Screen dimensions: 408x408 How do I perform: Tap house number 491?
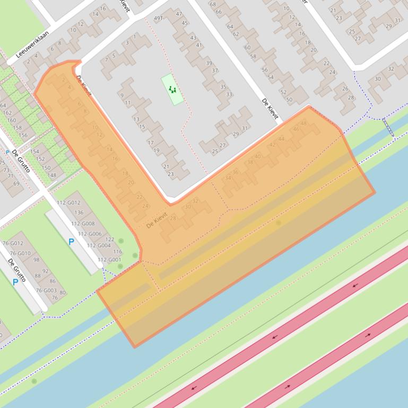tap(158, 19)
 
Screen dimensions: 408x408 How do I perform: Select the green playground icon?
tap(172, 89)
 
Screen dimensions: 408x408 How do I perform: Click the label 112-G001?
tap(108, 260)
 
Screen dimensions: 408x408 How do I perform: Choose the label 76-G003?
tap(47, 290)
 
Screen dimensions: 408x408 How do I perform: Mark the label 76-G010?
tap(20, 253)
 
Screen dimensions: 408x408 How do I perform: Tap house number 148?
tap(51, 175)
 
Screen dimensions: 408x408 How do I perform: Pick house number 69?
tap(16, 184)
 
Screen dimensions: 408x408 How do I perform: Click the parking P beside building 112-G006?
tap(71, 242)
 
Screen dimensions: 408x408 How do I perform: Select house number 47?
tap(179, 14)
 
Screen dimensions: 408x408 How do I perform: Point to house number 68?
tap(213, 4)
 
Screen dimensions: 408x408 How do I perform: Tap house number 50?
tap(289, 99)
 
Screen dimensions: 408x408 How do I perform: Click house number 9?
tap(121, 95)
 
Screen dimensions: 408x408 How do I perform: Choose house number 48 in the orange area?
tap(303, 123)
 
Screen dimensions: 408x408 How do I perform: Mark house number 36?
tap(235, 172)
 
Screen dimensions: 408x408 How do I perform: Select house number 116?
tap(117, 252)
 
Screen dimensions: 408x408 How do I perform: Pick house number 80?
tap(63, 292)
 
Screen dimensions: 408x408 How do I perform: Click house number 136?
tap(79, 212)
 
